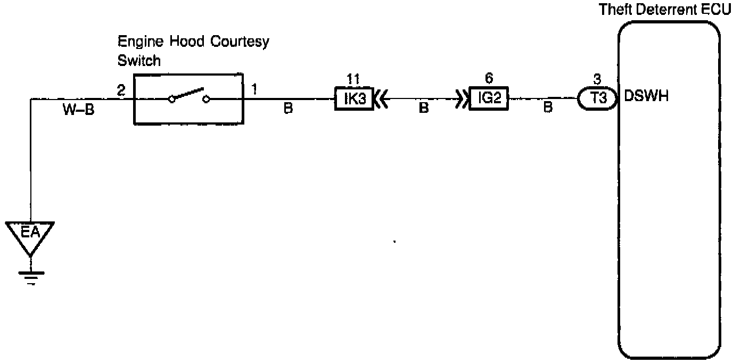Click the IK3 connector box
[x=354, y=99]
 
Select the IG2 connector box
[x=488, y=99]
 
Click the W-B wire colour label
[x=79, y=111]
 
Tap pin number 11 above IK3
[x=353, y=79]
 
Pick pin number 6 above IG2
[x=489, y=78]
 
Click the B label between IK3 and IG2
[x=424, y=109]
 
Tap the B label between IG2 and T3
[x=548, y=109]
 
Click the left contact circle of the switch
[x=171, y=99]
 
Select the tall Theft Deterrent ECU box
[x=669, y=192]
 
